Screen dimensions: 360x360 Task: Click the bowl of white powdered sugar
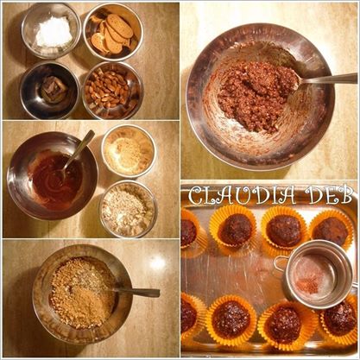pyautogui.click(x=51, y=31)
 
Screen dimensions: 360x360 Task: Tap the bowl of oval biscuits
pyautogui.click(x=113, y=32)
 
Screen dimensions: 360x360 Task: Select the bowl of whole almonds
pyautogui.click(x=113, y=90)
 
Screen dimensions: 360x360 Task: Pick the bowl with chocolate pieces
pyautogui.click(x=50, y=91)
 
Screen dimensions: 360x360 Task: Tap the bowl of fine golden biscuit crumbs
pyautogui.click(x=129, y=152)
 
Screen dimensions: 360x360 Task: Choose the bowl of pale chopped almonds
pyautogui.click(x=129, y=209)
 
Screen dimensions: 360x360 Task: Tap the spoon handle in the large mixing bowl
pyautogui.click(x=328, y=79)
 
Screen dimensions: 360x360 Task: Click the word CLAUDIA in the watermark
pyautogui.click(x=243, y=195)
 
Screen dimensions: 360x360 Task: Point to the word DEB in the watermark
pyautogui.click(x=328, y=194)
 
